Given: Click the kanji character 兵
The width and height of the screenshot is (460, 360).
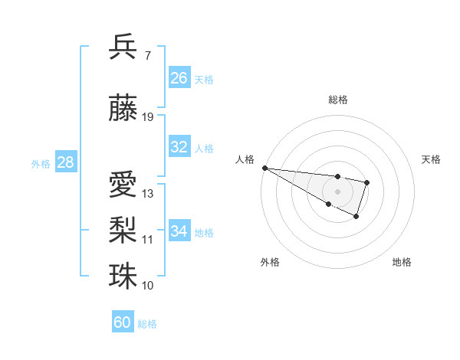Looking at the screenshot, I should (x=123, y=47).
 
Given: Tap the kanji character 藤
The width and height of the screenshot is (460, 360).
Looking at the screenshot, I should (x=123, y=108).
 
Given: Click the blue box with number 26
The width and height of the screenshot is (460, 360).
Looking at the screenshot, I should (x=179, y=78).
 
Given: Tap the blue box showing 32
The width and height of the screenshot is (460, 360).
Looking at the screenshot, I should (x=179, y=147).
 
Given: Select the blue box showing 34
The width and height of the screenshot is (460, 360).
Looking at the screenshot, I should (x=179, y=231).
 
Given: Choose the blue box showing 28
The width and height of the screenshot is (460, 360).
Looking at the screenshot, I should (x=65, y=162).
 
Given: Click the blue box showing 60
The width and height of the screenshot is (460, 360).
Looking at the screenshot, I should (x=123, y=322).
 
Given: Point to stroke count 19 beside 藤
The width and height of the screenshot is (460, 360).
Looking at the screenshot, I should (x=149, y=117).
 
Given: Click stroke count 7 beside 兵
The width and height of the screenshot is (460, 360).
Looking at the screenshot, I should (x=147, y=56).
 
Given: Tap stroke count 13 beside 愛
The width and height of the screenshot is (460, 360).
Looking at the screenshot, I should (x=148, y=194).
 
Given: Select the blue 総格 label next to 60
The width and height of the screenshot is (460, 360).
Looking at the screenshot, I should (x=147, y=324).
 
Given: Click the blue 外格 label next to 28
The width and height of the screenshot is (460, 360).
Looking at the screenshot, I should (x=41, y=163).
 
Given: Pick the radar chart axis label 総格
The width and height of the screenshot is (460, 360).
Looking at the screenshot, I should (x=337, y=100).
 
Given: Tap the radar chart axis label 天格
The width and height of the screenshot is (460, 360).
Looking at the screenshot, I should (x=432, y=159).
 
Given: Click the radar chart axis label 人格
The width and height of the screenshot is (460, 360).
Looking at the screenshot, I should (x=245, y=159).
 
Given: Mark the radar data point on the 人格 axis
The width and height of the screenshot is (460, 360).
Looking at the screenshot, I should (x=264, y=168).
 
